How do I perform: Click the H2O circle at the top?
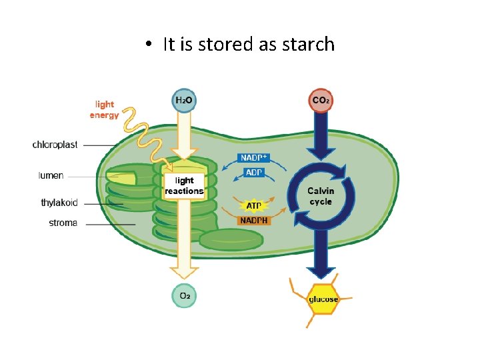(x=185, y=100)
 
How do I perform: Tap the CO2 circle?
(x=321, y=100)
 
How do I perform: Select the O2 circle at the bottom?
(x=185, y=295)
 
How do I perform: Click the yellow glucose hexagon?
(x=323, y=299)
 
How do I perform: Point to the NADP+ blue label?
(x=254, y=159)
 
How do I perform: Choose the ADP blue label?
(x=255, y=173)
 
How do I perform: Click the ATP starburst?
(x=254, y=206)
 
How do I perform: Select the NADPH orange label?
(x=255, y=220)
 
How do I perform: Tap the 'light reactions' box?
(x=184, y=185)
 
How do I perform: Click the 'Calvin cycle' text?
(x=321, y=196)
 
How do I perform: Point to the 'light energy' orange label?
(x=104, y=109)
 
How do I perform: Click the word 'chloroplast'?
(x=55, y=145)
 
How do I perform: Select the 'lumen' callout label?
(x=51, y=176)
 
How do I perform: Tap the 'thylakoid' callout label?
(x=59, y=203)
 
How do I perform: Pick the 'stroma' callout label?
(x=63, y=223)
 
